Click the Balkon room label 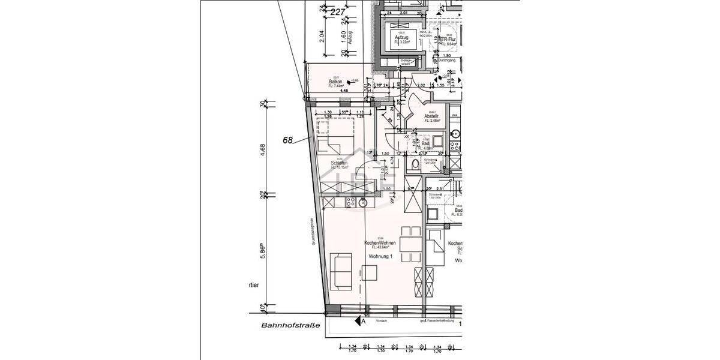(335, 82)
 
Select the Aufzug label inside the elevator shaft (401, 38)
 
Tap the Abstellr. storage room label (433, 116)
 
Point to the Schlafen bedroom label (340, 162)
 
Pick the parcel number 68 (287, 140)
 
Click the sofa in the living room (340, 269)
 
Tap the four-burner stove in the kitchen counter (350, 203)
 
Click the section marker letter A (363, 322)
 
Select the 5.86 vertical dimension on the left (263, 251)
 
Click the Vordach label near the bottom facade (382, 321)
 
